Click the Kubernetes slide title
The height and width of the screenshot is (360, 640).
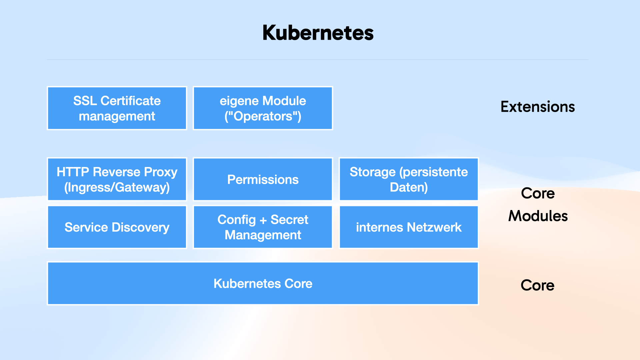coord(318,33)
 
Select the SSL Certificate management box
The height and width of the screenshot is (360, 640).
coord(117,108)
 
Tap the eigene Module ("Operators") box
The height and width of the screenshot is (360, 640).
coord(263,108)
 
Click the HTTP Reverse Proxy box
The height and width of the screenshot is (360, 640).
coord(117,179)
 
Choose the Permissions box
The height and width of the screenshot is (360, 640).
coord(263,179)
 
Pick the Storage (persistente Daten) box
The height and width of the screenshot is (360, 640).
coord(409,179)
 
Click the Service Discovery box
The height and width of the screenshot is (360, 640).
coord(117,227)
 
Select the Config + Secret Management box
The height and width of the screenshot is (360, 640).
coord(263,227)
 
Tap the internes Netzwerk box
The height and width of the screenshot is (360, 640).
coord(409,227)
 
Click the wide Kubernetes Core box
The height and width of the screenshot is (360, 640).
coord(263,283)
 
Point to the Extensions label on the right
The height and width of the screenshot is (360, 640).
coord(537,107)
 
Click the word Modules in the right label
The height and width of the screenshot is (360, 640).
coord(538,216)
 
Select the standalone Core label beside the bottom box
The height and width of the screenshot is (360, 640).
coord(537,285)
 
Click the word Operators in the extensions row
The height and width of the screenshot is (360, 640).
coord(263,116)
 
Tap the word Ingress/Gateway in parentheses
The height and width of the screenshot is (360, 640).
coord(117,187)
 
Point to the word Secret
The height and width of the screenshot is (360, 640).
coord(289,220)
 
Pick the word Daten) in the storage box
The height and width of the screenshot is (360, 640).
coord(409,187)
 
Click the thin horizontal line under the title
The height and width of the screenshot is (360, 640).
coord(318,60)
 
